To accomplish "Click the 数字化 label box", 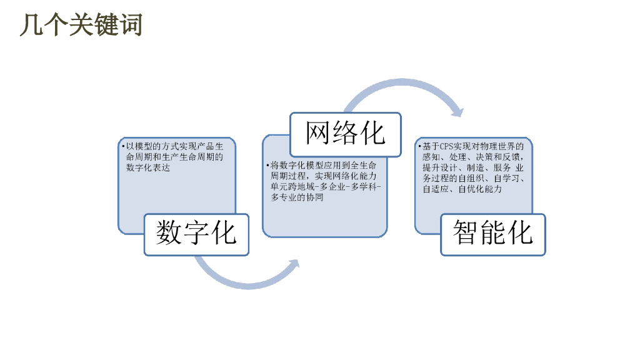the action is coord(196,234).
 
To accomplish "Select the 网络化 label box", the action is coord(345,134).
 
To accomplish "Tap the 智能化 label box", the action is coord(493,234).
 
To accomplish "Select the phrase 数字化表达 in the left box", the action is coord(148,167).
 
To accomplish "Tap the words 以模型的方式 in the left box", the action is coord(148,146).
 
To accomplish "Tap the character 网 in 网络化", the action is coord(318,134).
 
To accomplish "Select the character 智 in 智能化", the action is coord(466,234).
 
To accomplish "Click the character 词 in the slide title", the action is coord(131,25).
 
